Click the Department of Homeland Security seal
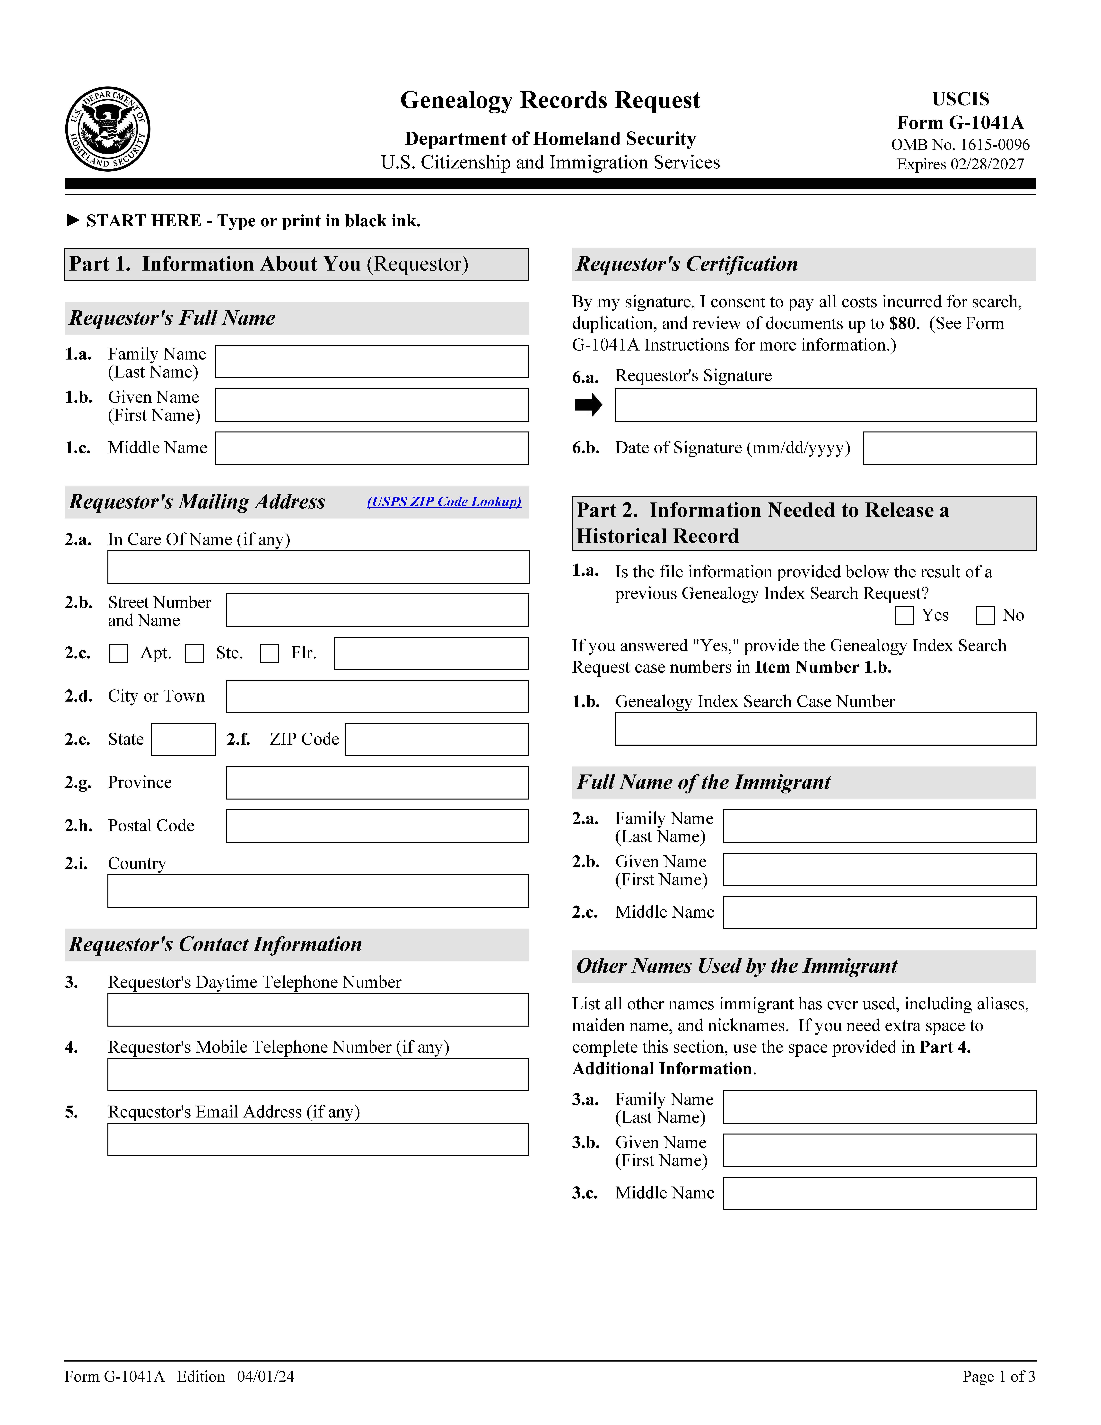pos(108,129)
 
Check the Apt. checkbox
pos(119,653)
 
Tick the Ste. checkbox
pos(194,653)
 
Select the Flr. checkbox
pos(270,653)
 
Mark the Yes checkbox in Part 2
pos(905,615)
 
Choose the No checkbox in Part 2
pos(986,615)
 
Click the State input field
pos(183,740)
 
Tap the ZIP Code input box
pos(437,740)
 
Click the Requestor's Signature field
pos(825,405)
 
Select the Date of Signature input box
pos(949,448)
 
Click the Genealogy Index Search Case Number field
pos(825,729)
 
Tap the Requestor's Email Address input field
pos(318,1139)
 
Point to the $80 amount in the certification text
pos(902,324)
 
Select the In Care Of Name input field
pos(318,567)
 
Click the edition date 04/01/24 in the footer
pos(265,1377)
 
